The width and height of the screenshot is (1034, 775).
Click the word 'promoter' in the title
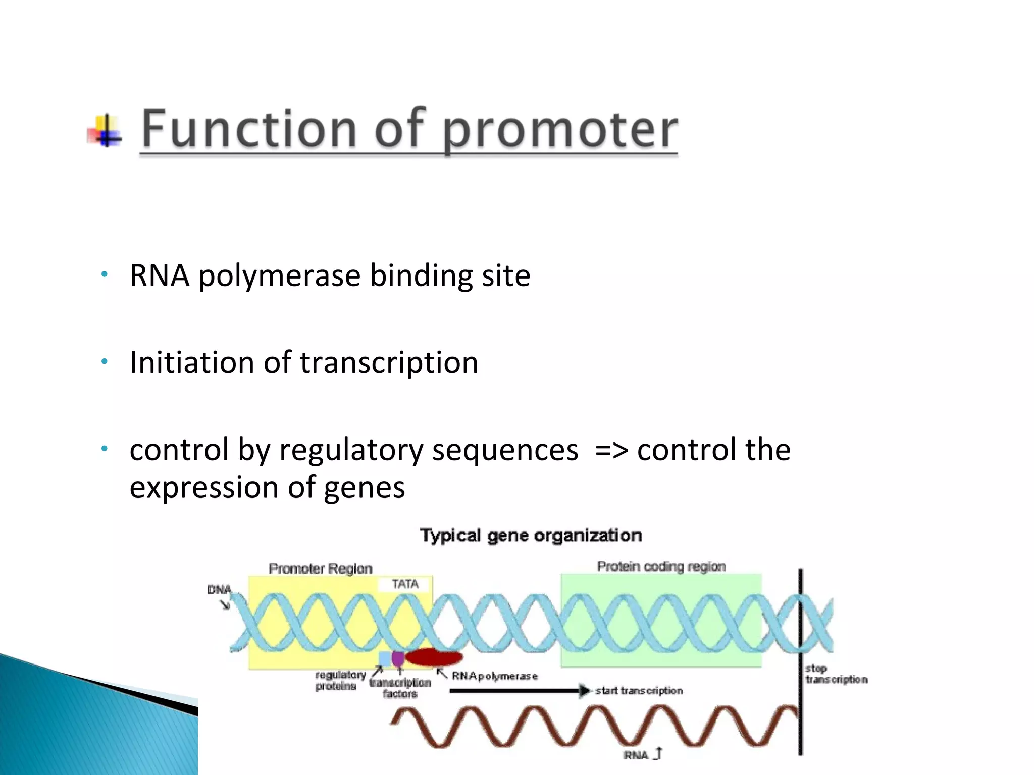pos(559,130)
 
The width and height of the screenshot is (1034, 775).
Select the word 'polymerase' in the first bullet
pos(279,276)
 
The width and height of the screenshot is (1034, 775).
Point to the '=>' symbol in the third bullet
pos(611,450)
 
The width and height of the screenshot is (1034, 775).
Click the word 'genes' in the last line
pos(364,488)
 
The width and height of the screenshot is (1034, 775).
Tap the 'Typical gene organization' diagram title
pos(531,535)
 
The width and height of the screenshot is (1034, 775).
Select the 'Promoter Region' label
pos(320,569)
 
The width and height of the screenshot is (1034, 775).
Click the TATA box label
pos(405,584)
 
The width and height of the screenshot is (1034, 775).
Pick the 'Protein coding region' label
pos(661,567)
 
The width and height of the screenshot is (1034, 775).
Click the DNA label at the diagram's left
pos(219,590)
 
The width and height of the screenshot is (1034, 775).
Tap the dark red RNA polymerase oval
pos(434,657)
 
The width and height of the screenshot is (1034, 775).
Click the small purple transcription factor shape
pos(398,658)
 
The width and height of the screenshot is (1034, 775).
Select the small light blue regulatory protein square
pos(385,658)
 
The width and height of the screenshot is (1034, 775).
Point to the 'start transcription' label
pos(639,691)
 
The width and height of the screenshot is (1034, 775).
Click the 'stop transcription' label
pos(835,674)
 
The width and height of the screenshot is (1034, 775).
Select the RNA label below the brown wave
pos(636,755)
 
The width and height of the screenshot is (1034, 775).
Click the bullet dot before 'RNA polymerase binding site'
pos(104,275)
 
